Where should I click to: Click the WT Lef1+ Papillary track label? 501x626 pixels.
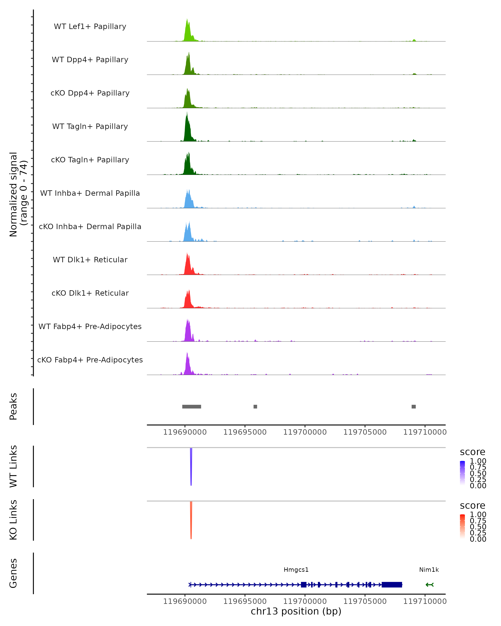(90, 27)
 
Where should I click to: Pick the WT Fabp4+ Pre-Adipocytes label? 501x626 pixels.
(90, 326)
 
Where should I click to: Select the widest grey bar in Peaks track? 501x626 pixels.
(191, 406)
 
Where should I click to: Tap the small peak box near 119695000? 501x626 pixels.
(255, 406)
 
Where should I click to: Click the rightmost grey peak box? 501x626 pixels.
(414, 406)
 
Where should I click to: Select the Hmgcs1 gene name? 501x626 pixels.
(296, 570)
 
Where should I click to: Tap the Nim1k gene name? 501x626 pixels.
(429, 570)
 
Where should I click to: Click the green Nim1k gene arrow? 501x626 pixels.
(430, 585)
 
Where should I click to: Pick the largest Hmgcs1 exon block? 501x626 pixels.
(392, 585)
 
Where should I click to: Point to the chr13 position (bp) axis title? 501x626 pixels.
(296, 611)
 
